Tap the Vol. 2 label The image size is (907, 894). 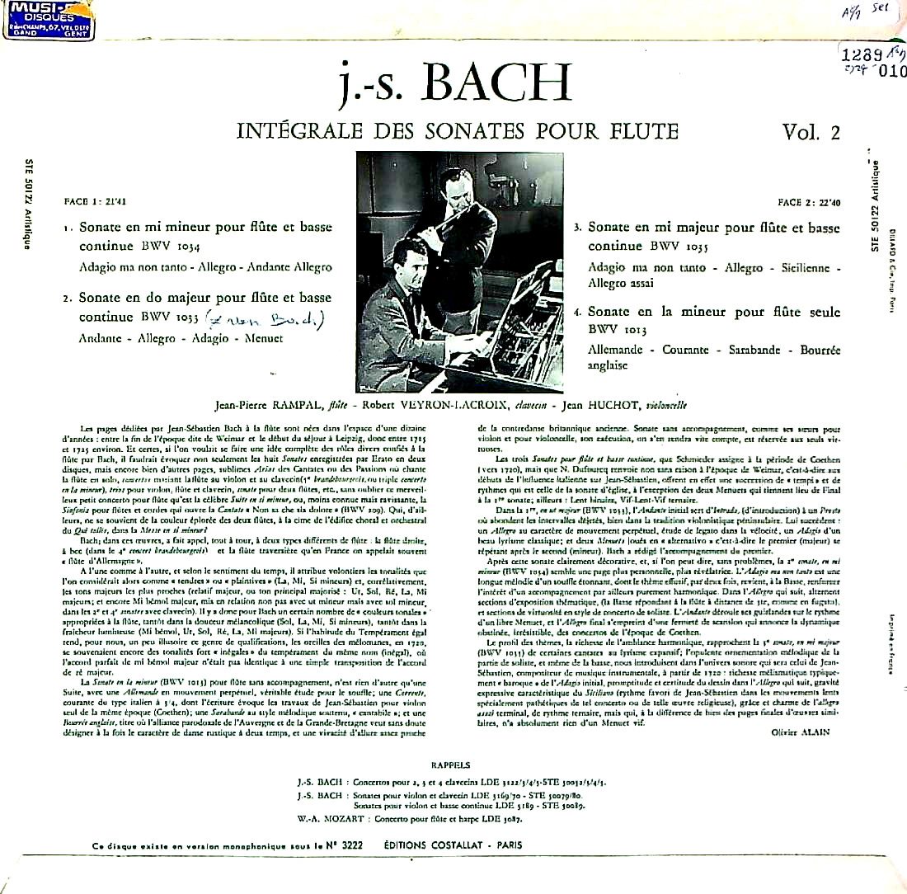click(x=811, y=132)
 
